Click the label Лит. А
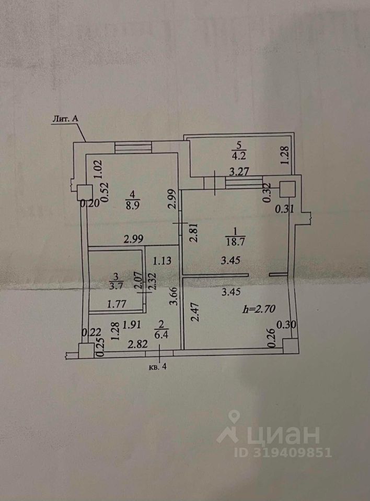click(x=65, y=120)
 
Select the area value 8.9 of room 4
click(x=133, y=205)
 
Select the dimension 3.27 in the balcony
click(x=241, y=170)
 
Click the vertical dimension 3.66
click(x=176, y=301)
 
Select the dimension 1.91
click(x=135, y=325)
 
